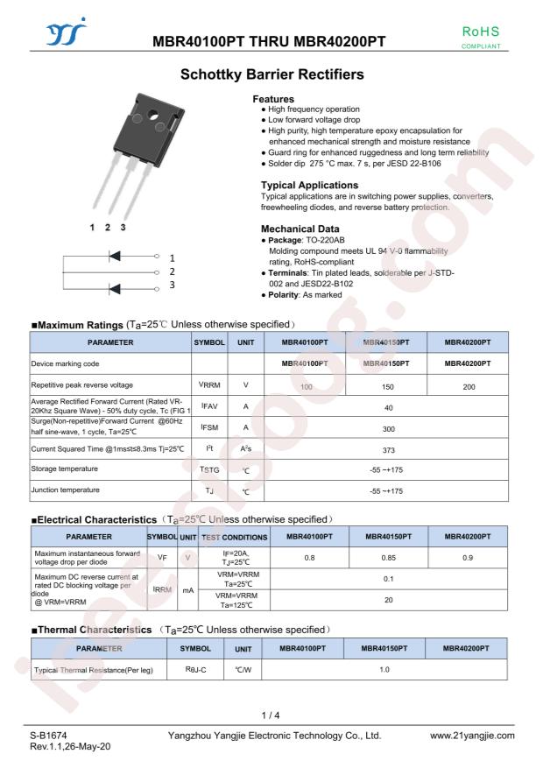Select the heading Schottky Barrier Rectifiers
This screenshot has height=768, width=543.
click(x=271, y=76)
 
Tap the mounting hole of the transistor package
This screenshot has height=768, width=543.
click(x=160, y=115)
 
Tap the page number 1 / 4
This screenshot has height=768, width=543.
click(x=271, y=716)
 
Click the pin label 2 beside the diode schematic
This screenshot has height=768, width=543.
click(x=172, y=272)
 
